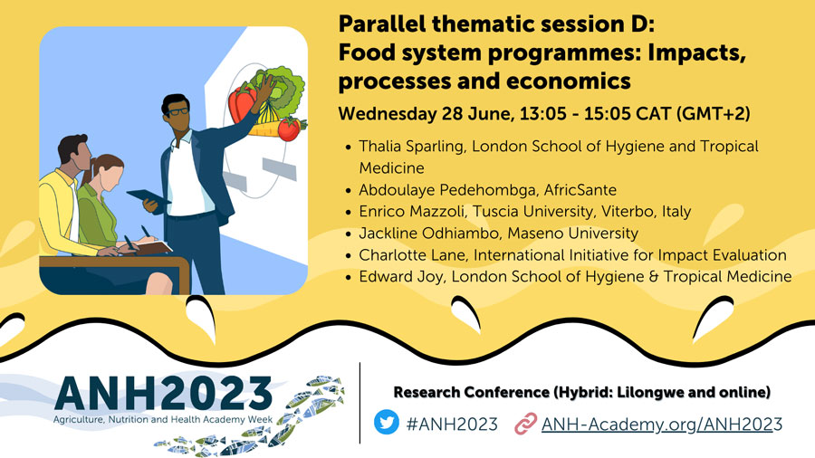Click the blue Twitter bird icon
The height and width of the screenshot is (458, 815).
386,422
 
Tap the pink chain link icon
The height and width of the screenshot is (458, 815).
525,424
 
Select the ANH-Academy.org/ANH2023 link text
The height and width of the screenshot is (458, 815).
662,425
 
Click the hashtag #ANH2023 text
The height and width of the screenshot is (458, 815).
452,425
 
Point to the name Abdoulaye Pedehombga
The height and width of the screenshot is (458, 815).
447,190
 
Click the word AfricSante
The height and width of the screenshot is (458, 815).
580,190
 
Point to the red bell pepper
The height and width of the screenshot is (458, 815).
242,103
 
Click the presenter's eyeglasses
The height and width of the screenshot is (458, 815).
177,111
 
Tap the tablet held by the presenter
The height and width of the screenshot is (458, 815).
149,196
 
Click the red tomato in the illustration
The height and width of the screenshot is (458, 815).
289,129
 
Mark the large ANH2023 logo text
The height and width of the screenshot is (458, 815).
163,394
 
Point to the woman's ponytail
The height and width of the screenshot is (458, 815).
87,174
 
